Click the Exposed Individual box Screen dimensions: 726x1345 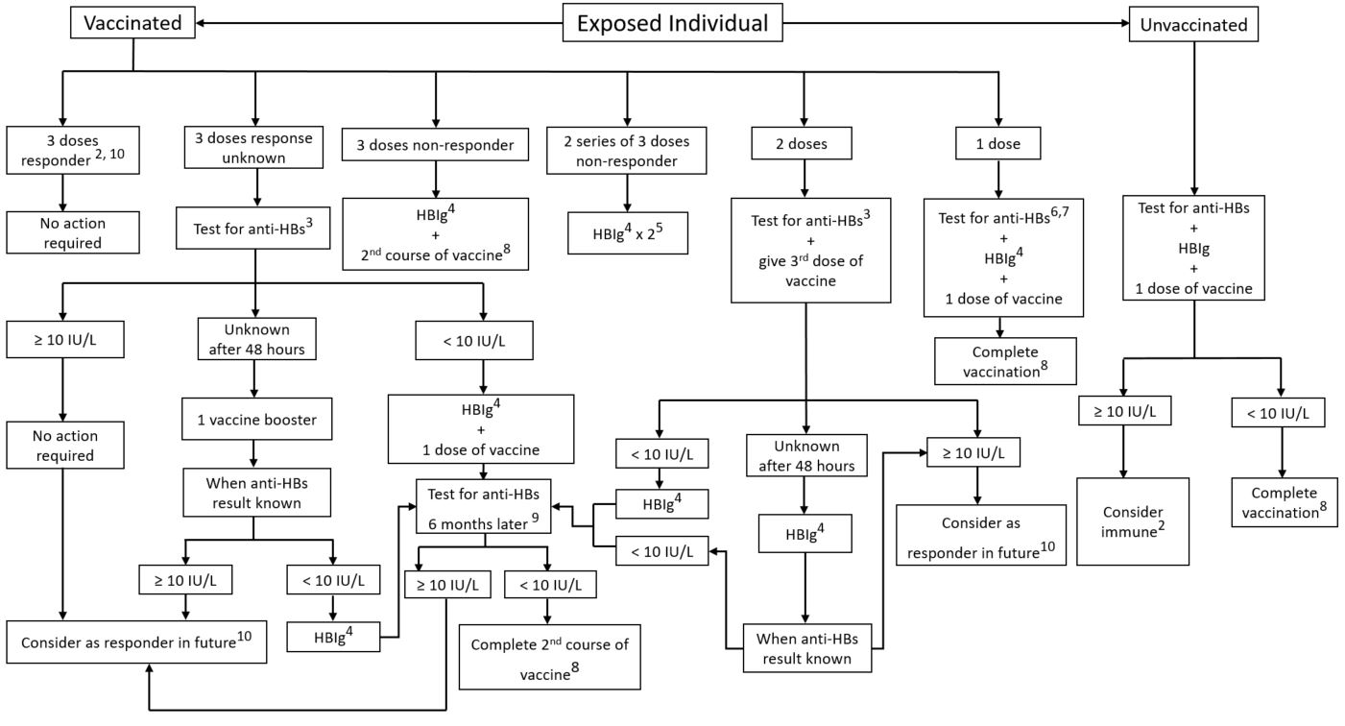click(672, 23)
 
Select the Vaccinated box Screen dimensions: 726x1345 click(132, 23)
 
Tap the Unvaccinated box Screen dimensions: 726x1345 click(1193, 25)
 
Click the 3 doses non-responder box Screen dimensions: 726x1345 click(435, 145)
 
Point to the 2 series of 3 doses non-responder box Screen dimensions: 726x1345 click(628, 151)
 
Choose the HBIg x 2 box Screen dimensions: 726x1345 click(628, 233)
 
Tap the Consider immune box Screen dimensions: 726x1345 click(1132, 520)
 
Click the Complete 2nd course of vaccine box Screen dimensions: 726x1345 click(549, 657)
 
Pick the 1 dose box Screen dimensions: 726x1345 click(998, 144)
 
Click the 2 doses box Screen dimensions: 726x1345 click(803, 144)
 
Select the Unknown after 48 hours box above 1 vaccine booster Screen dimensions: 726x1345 click(256, 339)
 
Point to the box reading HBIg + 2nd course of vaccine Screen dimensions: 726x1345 click(435, 233)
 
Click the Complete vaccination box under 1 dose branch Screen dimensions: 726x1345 click(1005, 361)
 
